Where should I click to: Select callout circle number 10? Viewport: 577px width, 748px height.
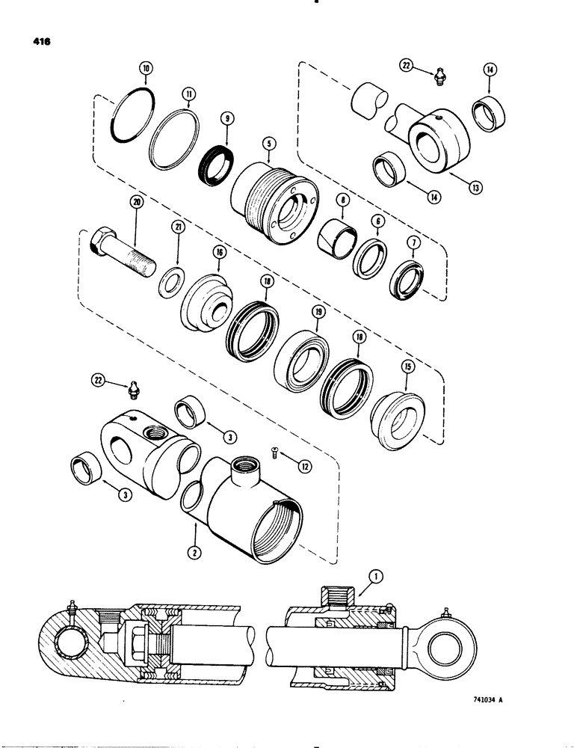146,68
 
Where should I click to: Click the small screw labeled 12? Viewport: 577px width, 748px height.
275,452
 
